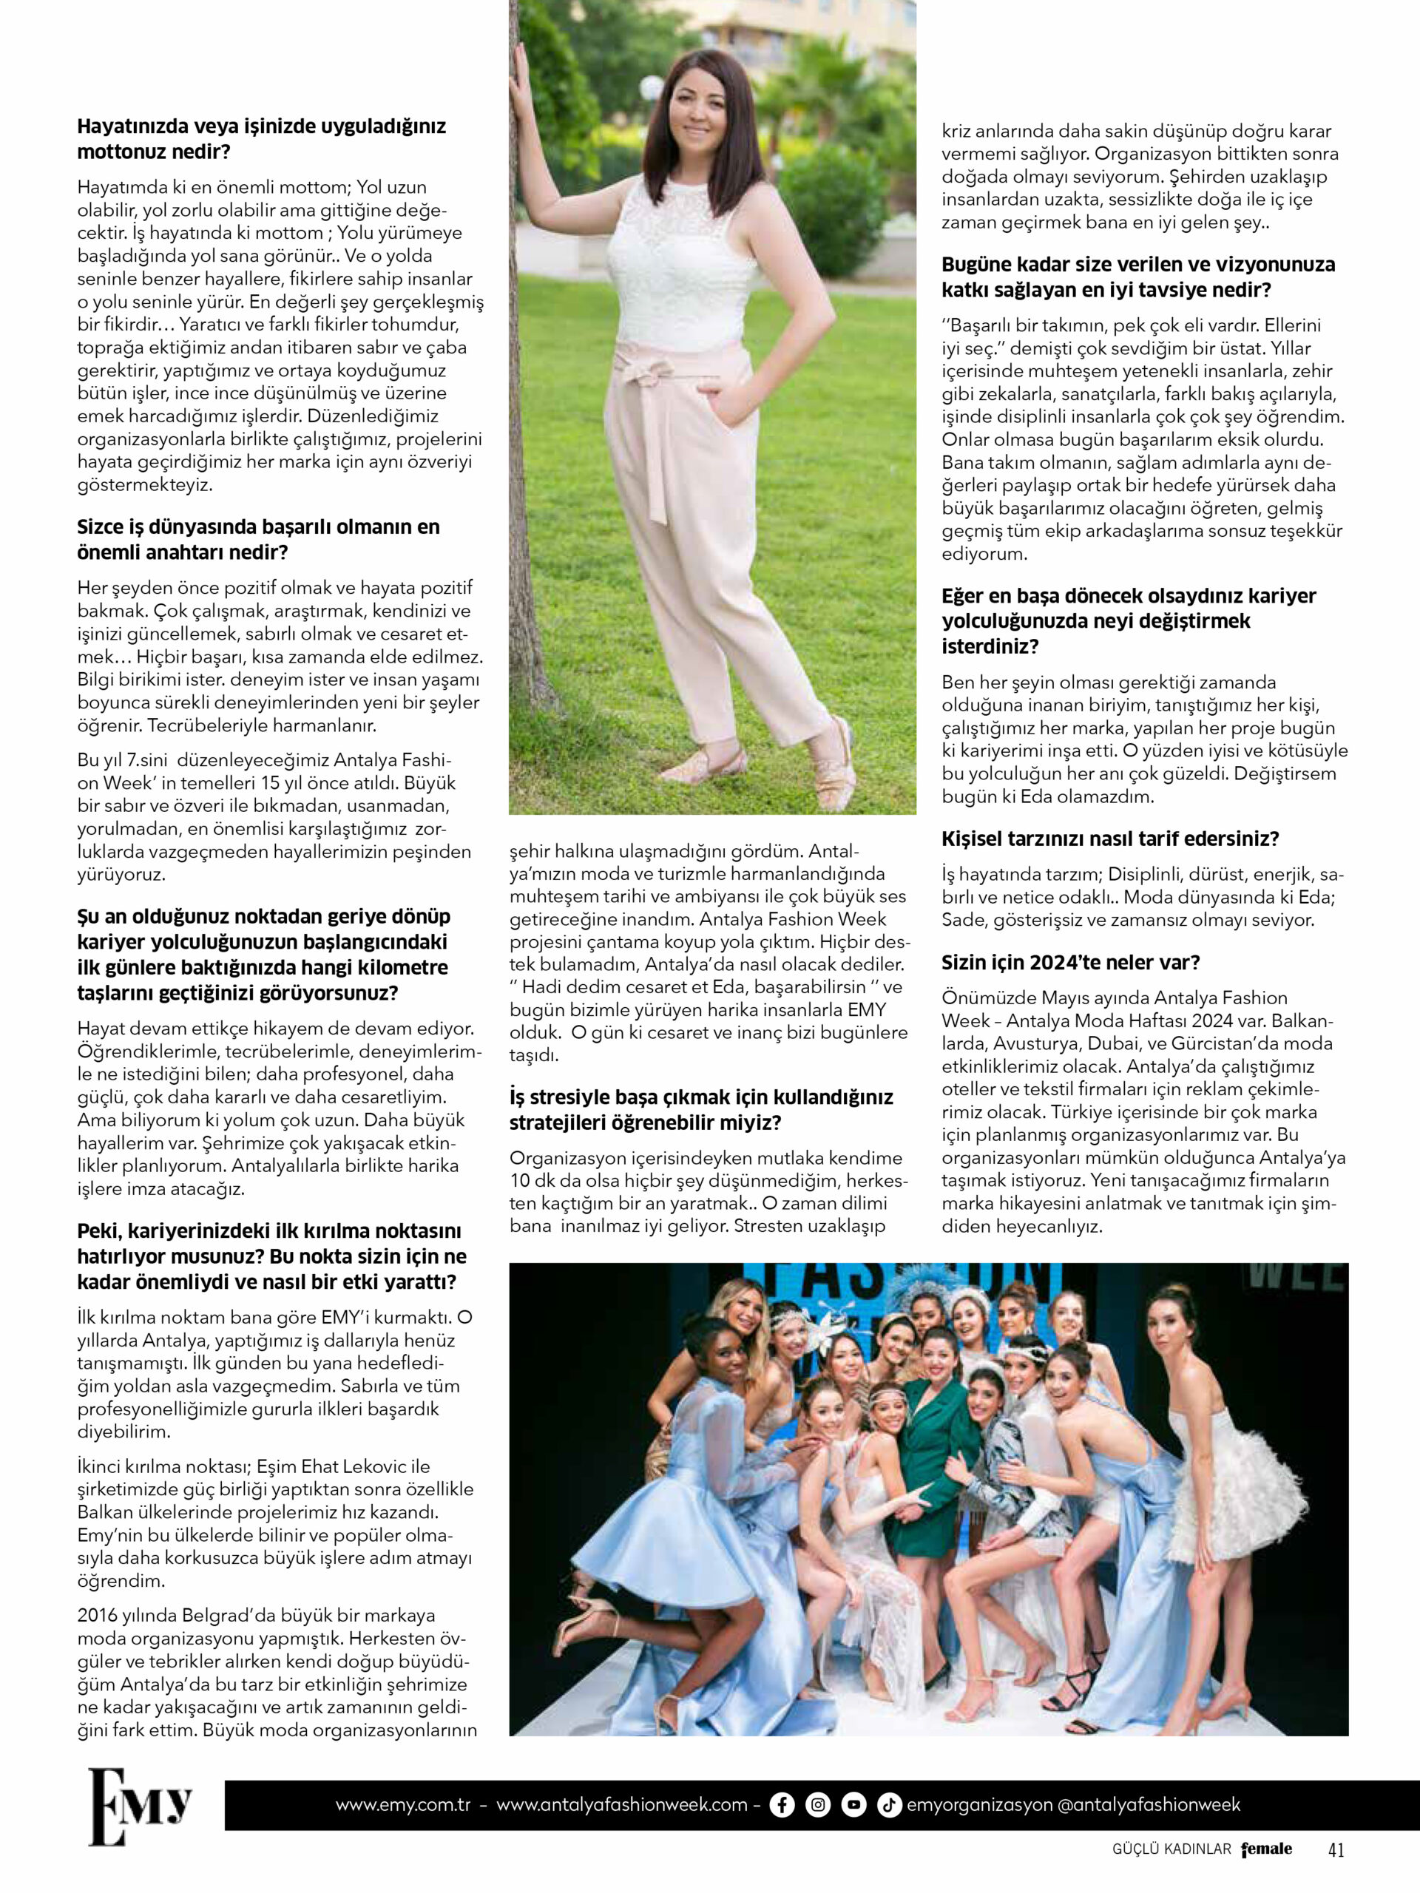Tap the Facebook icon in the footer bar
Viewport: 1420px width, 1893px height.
[782, 1805]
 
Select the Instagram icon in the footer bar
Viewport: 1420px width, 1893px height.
[818, 1805]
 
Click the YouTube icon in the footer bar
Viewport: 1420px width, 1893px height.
[853, 1805]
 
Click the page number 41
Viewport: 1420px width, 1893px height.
[1336, 1850]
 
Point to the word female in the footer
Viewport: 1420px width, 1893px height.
[1267, 1849]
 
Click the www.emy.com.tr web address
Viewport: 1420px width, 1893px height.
[403, 1805]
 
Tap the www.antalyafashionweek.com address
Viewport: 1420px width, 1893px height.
[622, 1805]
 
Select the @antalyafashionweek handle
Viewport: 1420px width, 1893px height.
[1149, 1805]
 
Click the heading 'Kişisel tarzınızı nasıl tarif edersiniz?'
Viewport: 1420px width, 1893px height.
[1110, 839]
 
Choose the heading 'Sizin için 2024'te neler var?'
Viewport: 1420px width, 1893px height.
[1071, 962]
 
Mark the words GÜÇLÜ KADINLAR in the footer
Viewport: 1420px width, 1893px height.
[1170, 1850]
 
